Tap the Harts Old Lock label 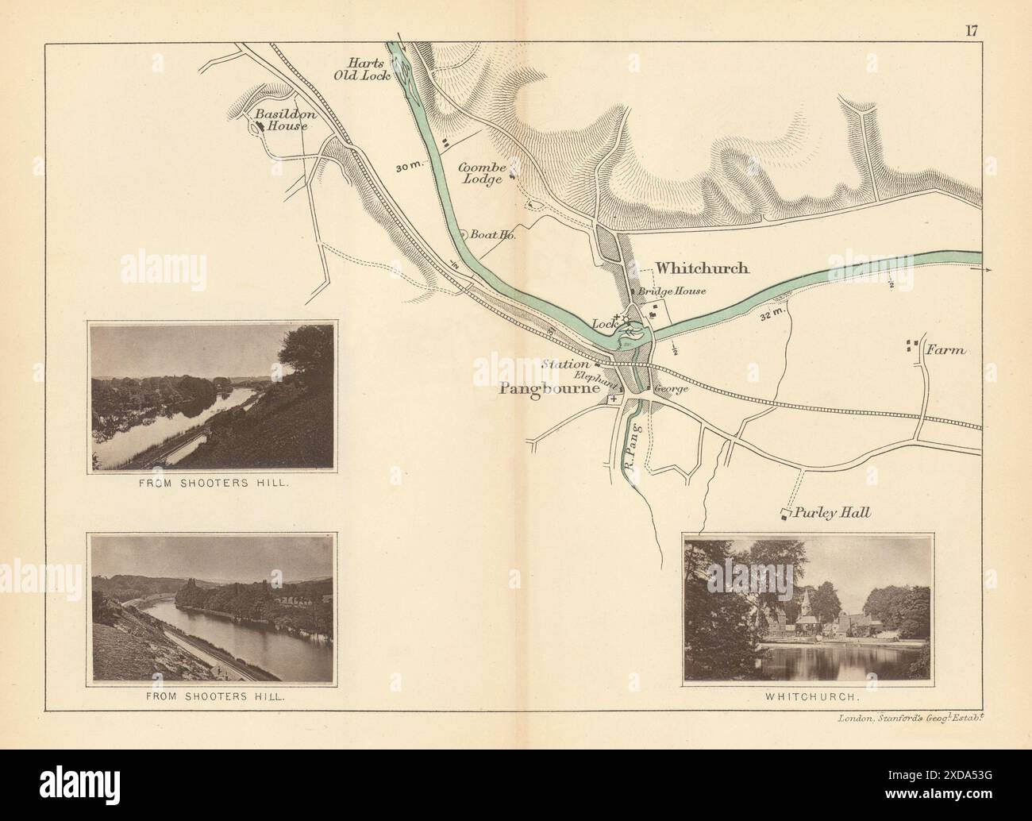pos(366,68)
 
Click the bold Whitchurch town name pos(702,268)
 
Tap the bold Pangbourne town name pos(547,389)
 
